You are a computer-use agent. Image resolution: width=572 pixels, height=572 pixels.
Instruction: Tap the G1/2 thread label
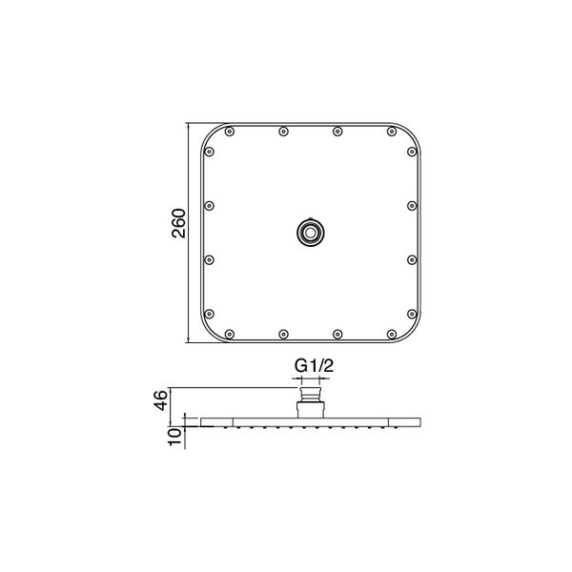tap(310, 365)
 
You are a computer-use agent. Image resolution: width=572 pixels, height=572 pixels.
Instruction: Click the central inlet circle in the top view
tap(310, 231)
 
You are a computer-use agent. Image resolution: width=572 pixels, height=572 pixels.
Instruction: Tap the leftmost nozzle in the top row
tap(230, 132)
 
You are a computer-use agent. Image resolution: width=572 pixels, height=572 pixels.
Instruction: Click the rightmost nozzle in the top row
tap(391, 132)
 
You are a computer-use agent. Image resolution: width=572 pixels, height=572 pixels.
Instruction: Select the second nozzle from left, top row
tap(283, 132)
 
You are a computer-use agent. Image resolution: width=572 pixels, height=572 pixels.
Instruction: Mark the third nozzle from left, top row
tap(337, 132)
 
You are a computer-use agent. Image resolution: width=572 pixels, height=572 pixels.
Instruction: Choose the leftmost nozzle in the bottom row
tap(230, 333)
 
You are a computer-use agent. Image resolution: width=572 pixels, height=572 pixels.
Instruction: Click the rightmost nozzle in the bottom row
tap(391, 333)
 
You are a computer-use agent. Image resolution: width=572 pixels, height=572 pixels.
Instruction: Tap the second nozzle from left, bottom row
tap(283, 333)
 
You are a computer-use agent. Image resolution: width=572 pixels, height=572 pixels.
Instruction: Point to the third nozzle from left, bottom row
tap(337, 333)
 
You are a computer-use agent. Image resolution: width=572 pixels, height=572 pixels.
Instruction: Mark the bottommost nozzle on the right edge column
tap(411, 313)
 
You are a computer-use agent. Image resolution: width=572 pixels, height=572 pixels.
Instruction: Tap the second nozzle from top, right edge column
tap(411, 205)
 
